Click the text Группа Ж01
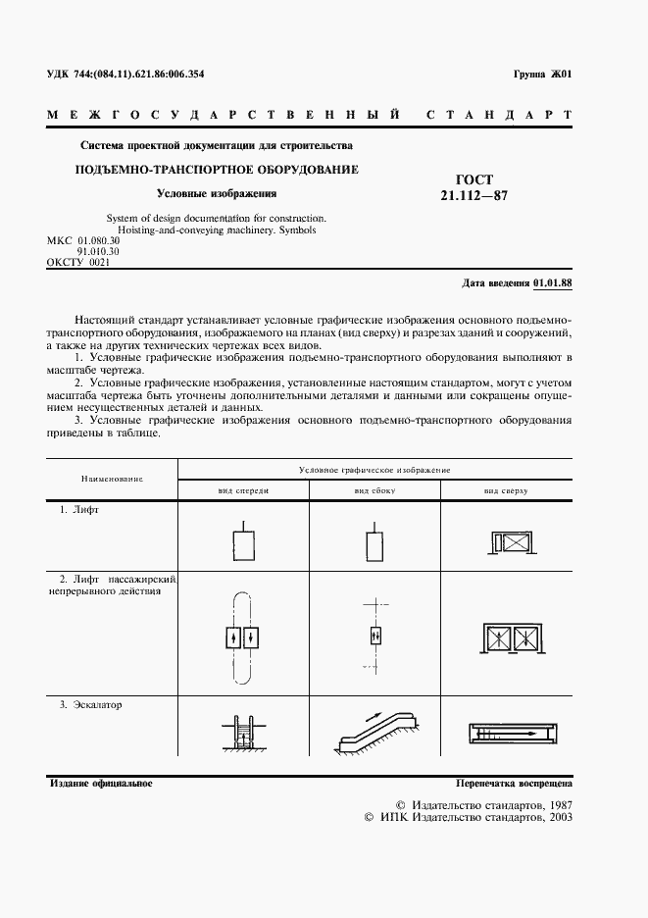[542, 75]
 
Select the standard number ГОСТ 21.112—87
[474, 186]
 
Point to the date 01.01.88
[553, 282]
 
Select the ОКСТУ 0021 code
[78, 263]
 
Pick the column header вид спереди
[242, 488]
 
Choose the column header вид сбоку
[374, 488]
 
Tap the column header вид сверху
[505, 488]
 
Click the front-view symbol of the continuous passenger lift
[242, 637]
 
